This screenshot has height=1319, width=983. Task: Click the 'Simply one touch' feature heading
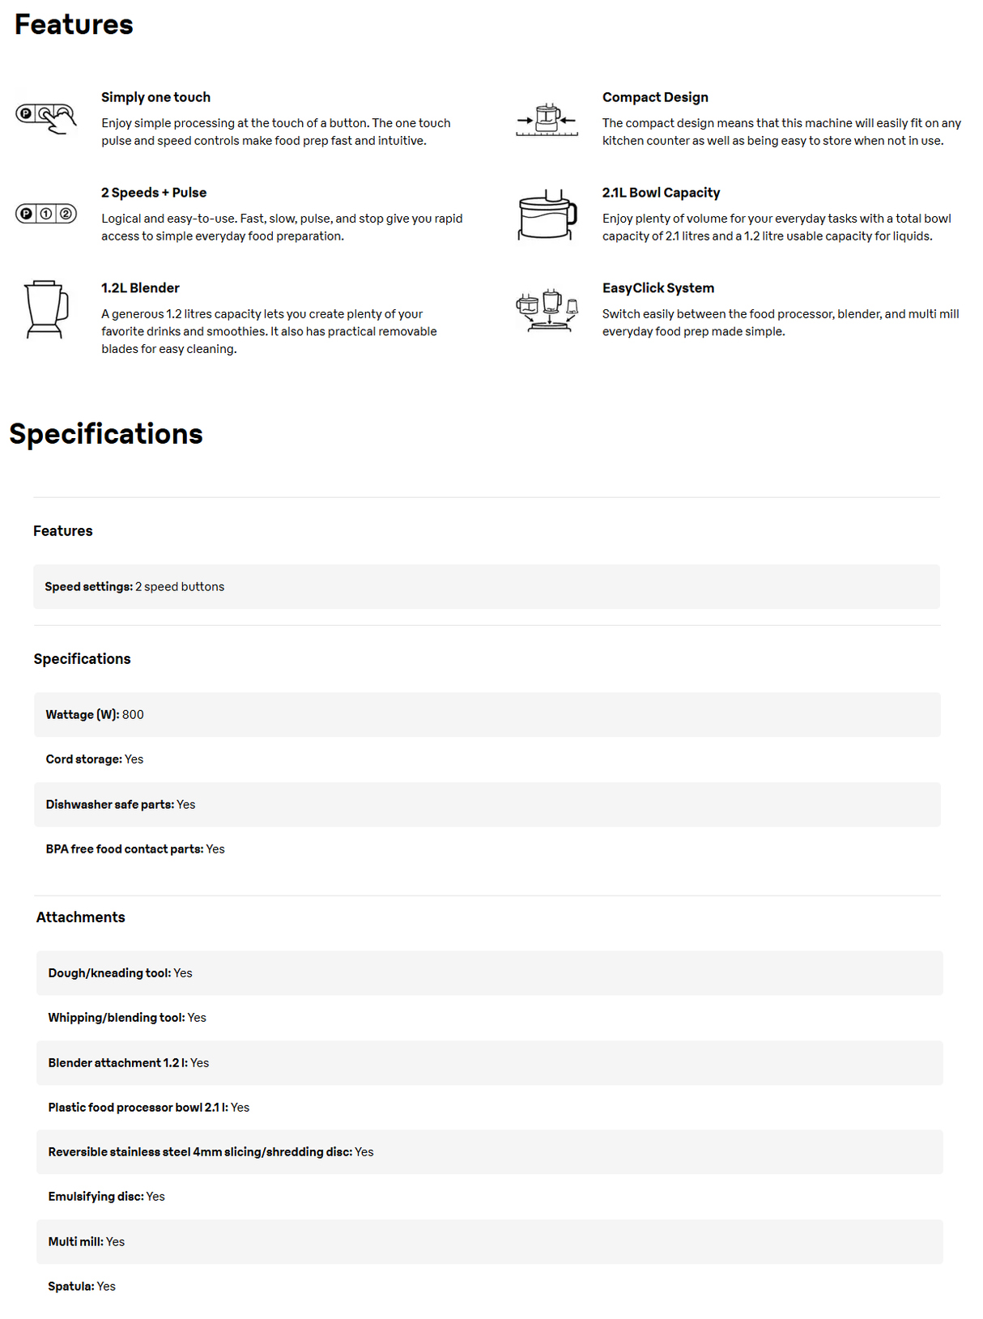coord(155,97)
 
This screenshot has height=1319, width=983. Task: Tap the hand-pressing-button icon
coord(46,118)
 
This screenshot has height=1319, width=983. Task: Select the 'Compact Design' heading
coord(654,97)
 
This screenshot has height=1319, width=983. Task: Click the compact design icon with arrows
coord(547,120)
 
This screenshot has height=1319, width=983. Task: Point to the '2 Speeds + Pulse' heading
coord(154,193)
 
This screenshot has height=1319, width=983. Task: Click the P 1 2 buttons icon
coord(46,214)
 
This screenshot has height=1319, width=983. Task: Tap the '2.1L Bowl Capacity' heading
coord(661,193)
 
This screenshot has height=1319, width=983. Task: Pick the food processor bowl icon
coord(547,215)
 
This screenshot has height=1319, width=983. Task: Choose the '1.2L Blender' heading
coord(140,288)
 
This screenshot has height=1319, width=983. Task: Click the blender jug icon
coord(45,309)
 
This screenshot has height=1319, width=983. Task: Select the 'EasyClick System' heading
coord(657,288)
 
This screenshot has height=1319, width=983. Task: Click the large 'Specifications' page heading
coord(106,434)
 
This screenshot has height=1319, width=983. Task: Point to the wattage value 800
coord(133,715)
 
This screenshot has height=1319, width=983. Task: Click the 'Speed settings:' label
coord(88,587)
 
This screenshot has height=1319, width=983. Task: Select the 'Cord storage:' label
coord(83,759)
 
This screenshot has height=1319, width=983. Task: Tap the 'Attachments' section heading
coord(80,917)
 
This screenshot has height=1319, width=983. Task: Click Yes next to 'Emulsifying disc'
coord(155,1197)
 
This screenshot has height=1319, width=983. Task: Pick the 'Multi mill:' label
coord(75,1242)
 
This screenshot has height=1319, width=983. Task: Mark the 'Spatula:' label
coord(70,1287)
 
